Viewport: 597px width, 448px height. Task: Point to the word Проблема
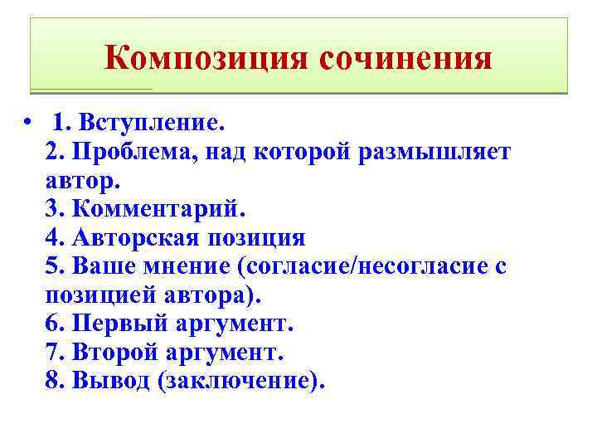pos(129,152)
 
